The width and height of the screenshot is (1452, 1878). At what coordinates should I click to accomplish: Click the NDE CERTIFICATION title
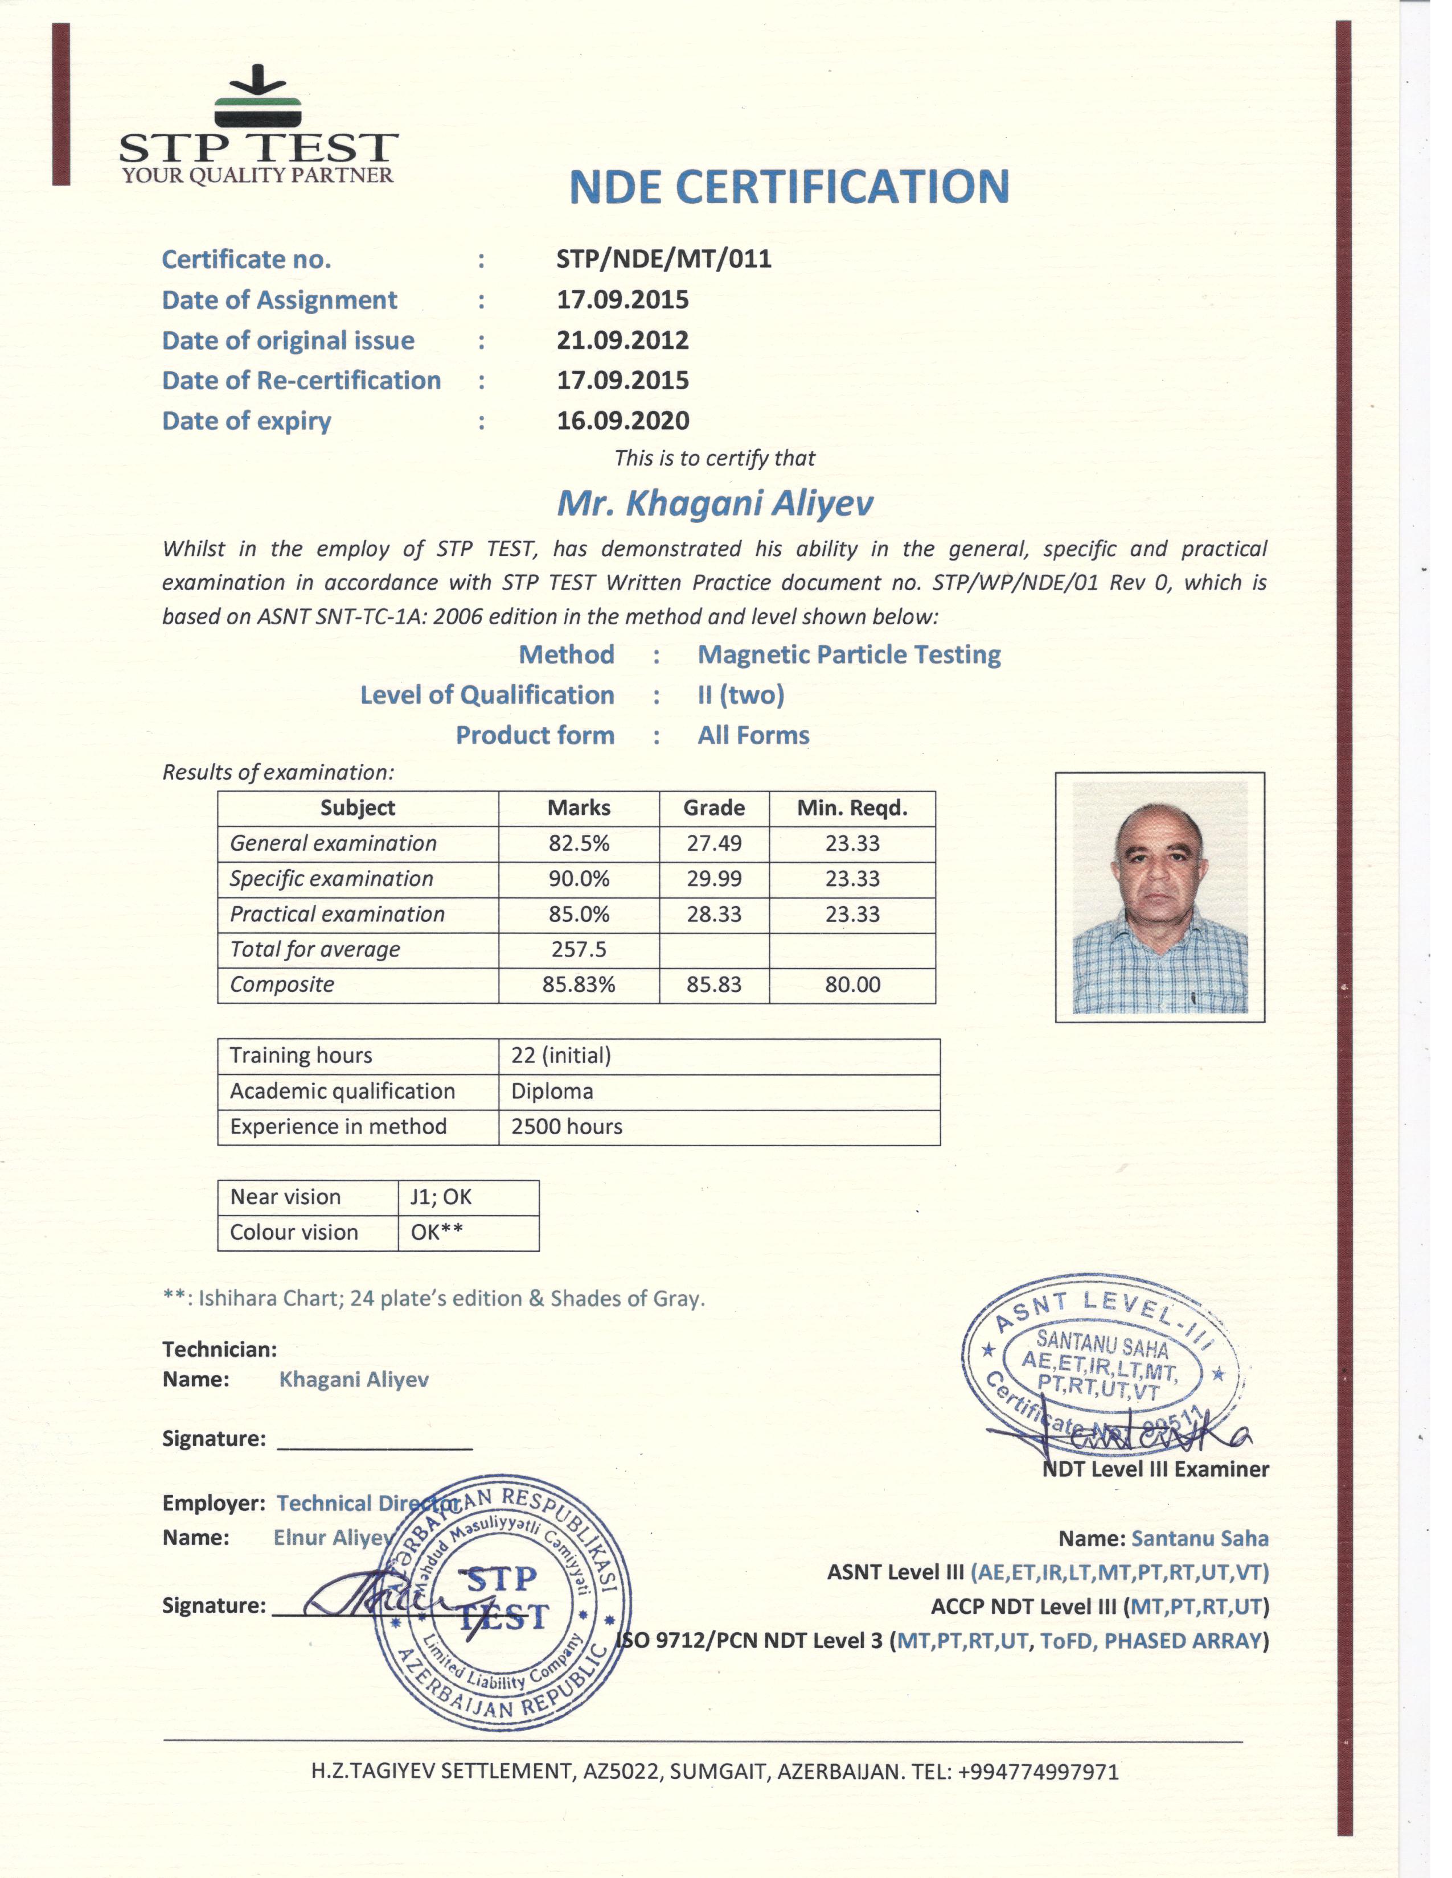(789, 187)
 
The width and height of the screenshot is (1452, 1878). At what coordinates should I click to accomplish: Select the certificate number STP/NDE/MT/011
(663, 259)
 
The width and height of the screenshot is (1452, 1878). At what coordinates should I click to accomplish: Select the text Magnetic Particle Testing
(849, 655)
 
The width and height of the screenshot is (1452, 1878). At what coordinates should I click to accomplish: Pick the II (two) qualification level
(741, 695)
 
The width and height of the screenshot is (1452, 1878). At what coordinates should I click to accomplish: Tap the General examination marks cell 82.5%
(579, 843)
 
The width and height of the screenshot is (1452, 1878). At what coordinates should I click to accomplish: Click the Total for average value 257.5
(579, 949)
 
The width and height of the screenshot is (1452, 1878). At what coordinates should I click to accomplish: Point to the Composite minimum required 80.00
(852, 985)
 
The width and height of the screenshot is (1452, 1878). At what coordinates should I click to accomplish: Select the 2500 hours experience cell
(567, 1126)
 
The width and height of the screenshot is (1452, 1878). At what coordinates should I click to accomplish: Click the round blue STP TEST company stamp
(502, 1607)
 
